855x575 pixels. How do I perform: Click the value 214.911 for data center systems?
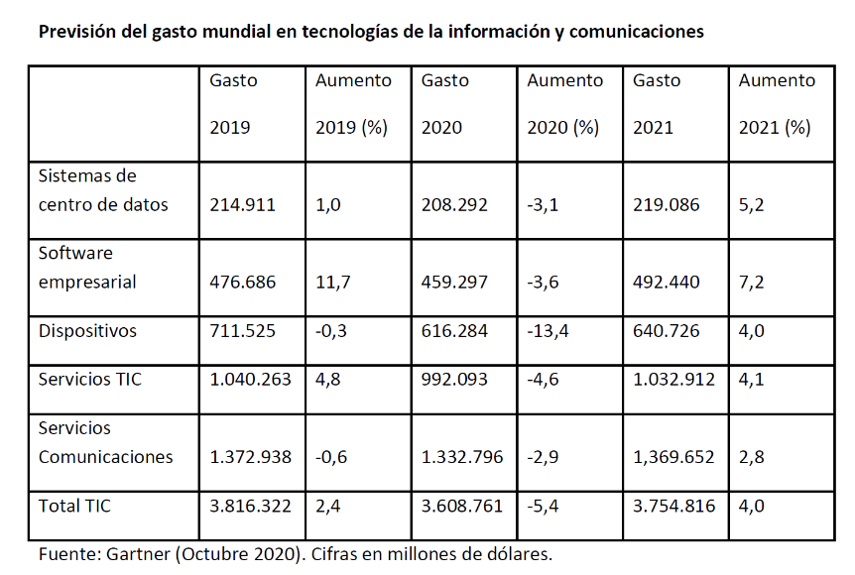pyautogui.click(x=243, y=205)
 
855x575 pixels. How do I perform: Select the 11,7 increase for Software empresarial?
pyautogui.click(x=333, y=283)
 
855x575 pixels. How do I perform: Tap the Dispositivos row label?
pyautogui.click(x=87, y=331)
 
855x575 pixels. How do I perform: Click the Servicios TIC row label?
pyautogui.click(x=89, y=380)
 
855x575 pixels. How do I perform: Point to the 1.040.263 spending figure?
pyautogui.click(x=251, y=380)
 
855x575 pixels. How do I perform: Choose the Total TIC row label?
pyautogui.click(x=74, y=506)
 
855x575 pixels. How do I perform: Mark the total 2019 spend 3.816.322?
pyautogui.click(x=251, y=506)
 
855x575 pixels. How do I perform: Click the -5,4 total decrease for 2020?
pyautogui.click(x=544, y=506)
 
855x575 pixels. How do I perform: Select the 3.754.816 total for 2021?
pyautogui.click(x=674, y=506)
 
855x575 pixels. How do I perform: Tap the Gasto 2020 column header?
pyautogui.click(x=444, y=103)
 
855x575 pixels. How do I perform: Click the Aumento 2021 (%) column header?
pyautogui.click(x=777, y=103)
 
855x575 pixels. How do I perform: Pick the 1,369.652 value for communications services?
pyautogui.click(x=674, y=457)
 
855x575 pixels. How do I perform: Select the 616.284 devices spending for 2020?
pyautogui.click(x=454, y=331)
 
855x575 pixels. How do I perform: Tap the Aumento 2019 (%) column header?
pyautogui.click(x=353, y=103)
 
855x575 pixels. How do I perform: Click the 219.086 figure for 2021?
pyautogui.click(x=667, y=205)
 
